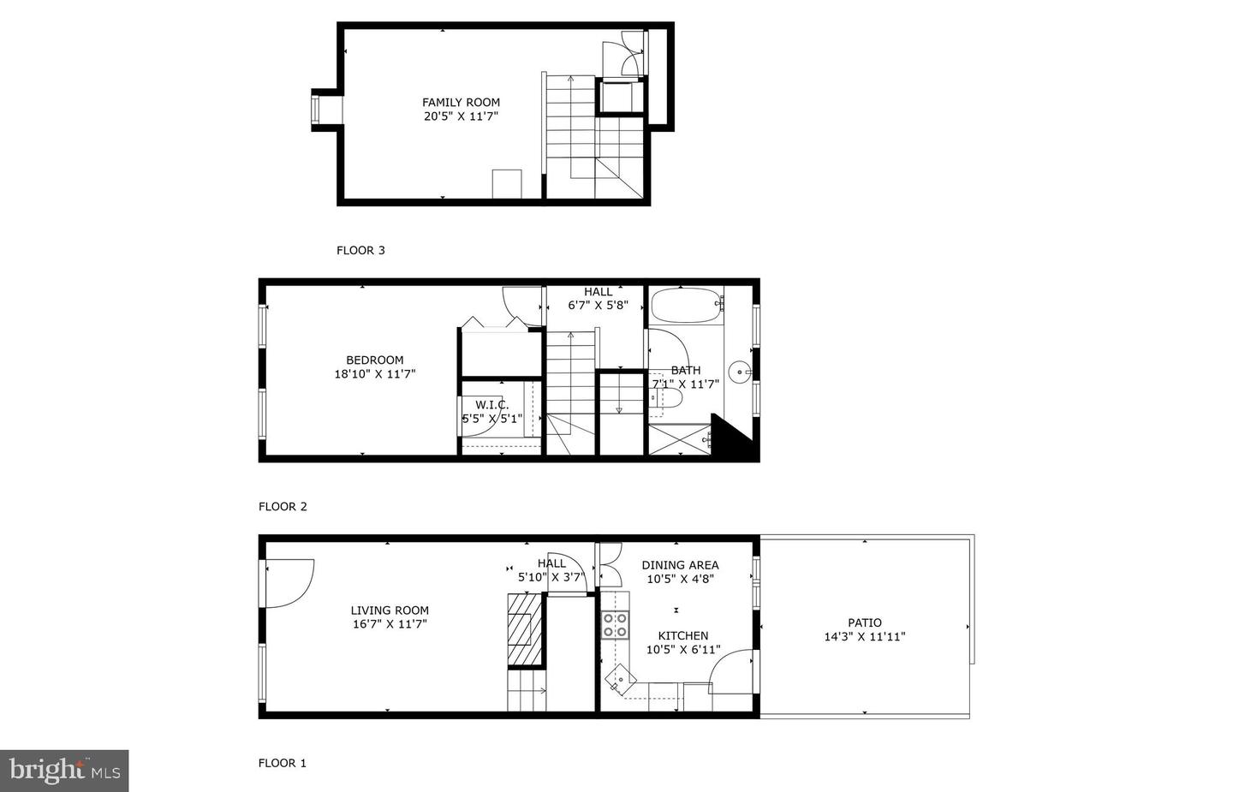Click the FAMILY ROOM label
461,103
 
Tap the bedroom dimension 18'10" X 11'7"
375,374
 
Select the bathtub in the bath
687,306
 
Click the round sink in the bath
739,372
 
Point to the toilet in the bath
666,396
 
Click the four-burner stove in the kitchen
615,625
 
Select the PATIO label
864,622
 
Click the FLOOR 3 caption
360,250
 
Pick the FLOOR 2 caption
283,506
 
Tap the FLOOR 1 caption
282,763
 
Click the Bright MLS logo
64,771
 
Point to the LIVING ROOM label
390,610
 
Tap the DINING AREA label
681,565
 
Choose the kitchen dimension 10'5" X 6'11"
683,650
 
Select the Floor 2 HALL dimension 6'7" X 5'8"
598,306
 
